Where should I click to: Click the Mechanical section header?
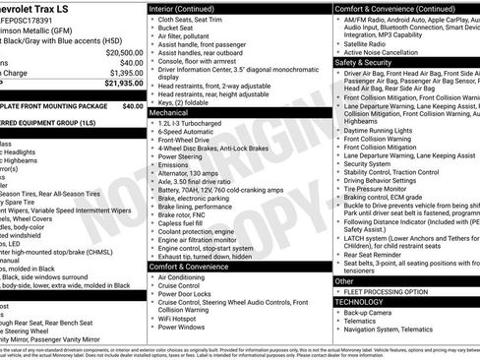click(x=170, y=113)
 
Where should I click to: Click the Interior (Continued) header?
click(x=187, y=8)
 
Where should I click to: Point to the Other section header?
click(x=345, y=281)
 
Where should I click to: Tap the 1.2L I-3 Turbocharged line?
click(x=196, y=125)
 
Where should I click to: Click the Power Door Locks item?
click(x=187, y=294)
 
